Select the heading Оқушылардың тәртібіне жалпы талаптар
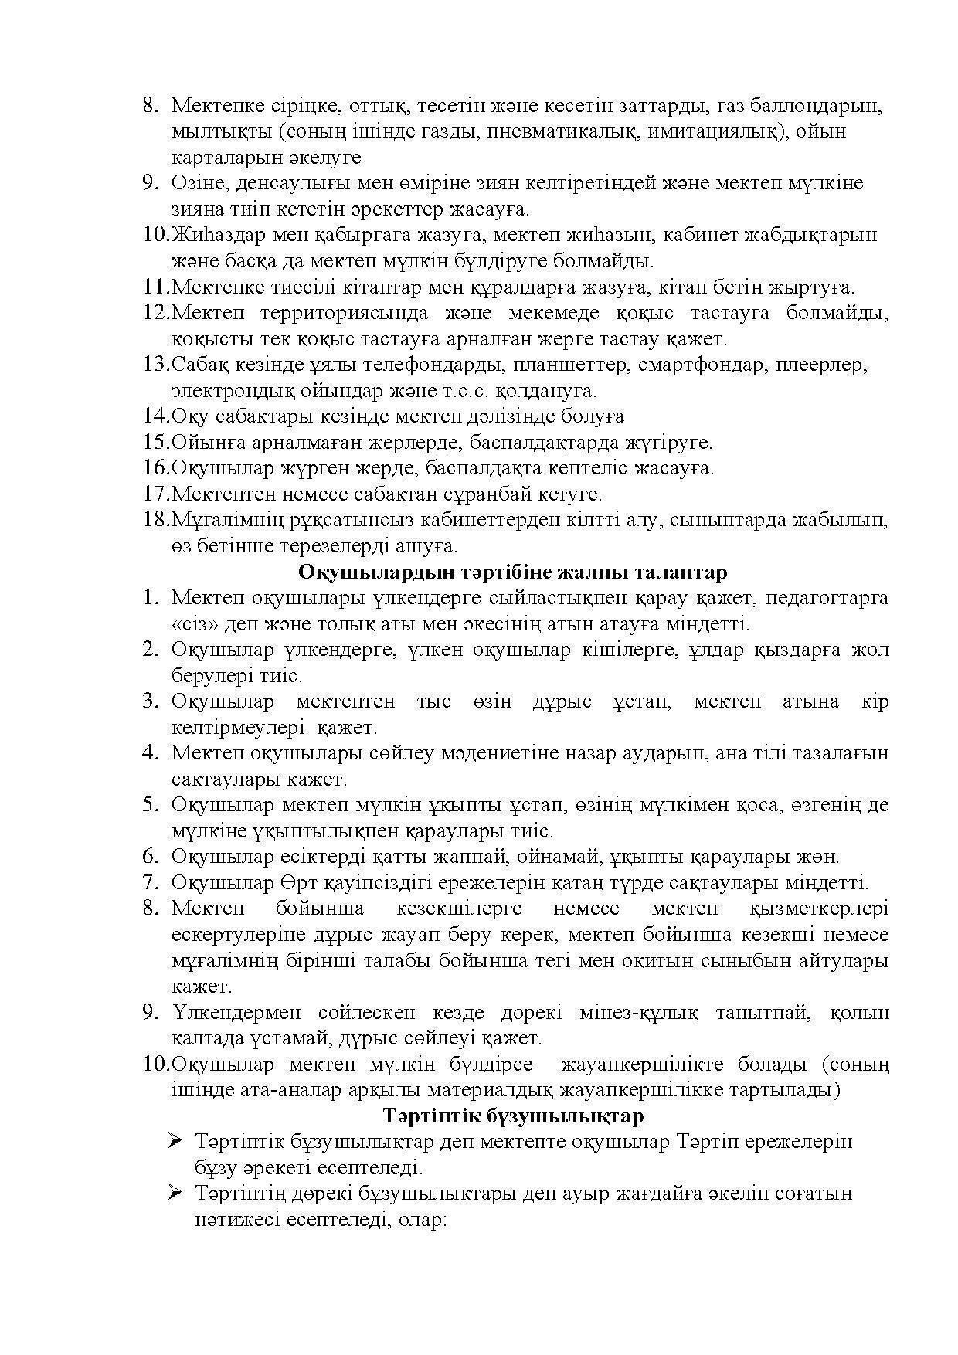[x=512, y=572]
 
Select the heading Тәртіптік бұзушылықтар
[x=513, y=1117]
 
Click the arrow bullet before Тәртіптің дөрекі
[x=175, y=1194]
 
